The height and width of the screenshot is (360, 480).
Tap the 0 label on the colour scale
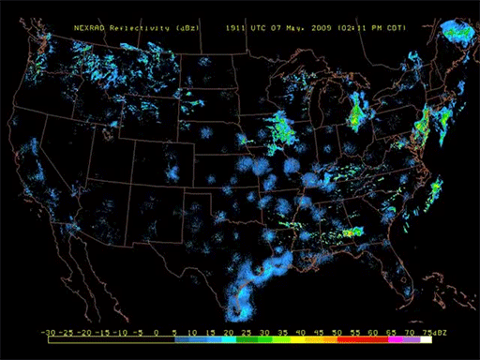coord(157,332)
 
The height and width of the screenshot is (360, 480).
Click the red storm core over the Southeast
coord(353,232)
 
